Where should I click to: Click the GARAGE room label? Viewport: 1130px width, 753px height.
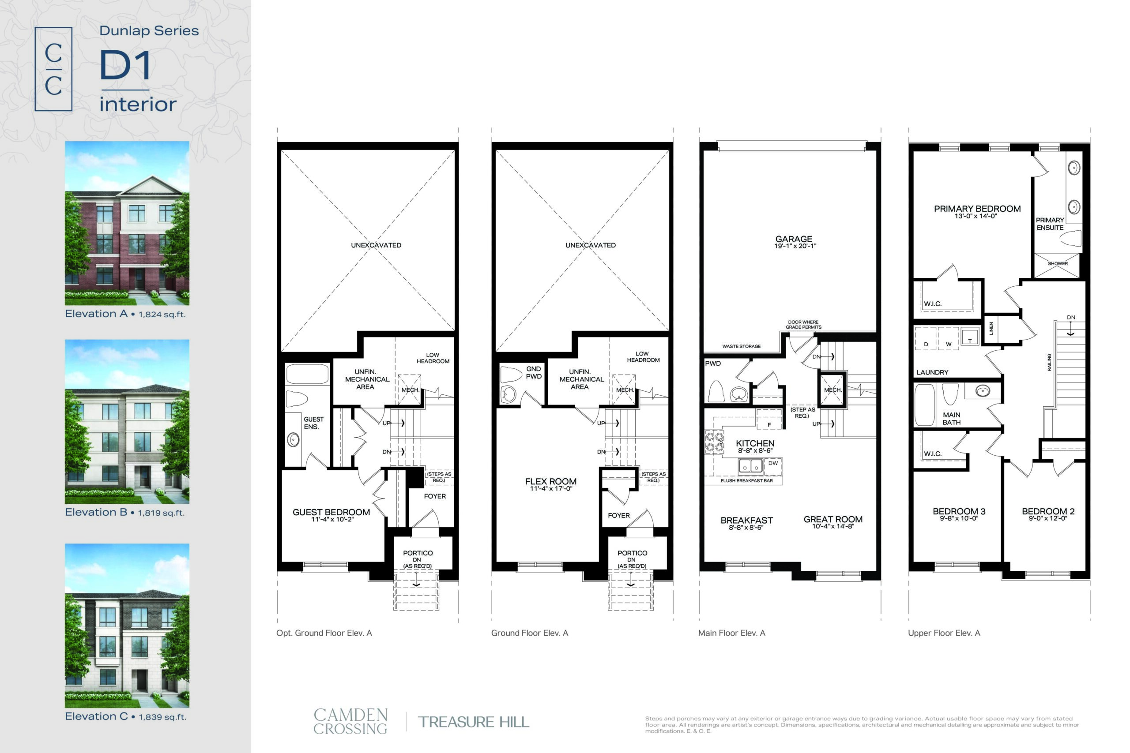pos(794,239)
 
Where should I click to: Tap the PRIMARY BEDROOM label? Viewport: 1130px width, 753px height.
pos(977,208)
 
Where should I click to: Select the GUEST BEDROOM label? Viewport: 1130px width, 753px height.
pos(331,512)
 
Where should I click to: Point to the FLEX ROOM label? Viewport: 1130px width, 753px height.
pos(550,481)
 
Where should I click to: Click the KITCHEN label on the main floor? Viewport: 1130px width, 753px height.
pos(755,443)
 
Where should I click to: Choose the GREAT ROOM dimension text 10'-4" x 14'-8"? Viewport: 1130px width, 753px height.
pos(832,526)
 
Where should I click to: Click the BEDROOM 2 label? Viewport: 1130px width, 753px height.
pos(1048,511)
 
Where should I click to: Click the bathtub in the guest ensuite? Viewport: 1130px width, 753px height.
pos(307,374)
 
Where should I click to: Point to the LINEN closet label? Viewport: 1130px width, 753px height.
pos(991,329)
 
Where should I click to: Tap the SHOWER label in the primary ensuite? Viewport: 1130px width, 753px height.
pos(1058,264)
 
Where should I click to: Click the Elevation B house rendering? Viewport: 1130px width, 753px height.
pos(127,422)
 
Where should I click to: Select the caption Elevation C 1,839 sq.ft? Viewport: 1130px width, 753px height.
pos(125,716)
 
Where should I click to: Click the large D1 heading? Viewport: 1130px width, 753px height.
pos(125,65)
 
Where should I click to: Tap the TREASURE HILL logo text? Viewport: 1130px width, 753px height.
pos(473,722)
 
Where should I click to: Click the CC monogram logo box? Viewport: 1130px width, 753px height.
pos(53,69)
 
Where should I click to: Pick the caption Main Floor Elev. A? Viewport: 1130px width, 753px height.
pos(732,633)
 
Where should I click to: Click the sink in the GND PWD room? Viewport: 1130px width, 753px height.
pos(508,395)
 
